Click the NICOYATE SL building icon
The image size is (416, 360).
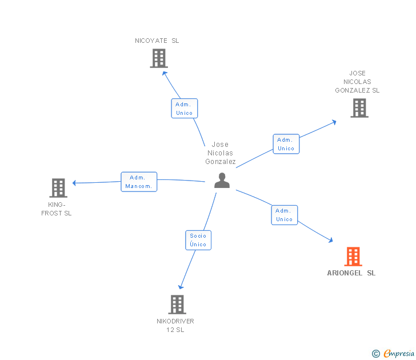[159, 58]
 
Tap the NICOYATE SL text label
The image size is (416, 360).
[157, 41]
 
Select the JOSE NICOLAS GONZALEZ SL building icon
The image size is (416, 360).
[359, 108]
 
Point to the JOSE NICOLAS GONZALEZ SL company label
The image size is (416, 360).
[357, 82]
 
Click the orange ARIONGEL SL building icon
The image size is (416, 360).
[353, 257]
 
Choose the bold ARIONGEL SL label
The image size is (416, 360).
[351, 273]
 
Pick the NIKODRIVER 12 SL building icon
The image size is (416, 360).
[177, 305]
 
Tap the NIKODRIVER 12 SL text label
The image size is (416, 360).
[175, 325]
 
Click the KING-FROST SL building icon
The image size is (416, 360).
[58, 188]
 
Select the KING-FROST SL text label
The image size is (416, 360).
[57, 209]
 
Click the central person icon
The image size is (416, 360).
[222, 181]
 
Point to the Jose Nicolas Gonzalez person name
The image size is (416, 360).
[221, 153]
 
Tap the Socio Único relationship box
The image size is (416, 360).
[198, 240]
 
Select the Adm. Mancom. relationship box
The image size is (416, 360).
[139, 182]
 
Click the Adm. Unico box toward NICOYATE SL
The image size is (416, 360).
[184, 109]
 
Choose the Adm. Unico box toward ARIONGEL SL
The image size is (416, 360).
[284, 215]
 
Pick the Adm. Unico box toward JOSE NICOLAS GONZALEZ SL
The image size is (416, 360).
[286, 144]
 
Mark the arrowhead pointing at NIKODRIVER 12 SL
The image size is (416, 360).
[181, 287]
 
